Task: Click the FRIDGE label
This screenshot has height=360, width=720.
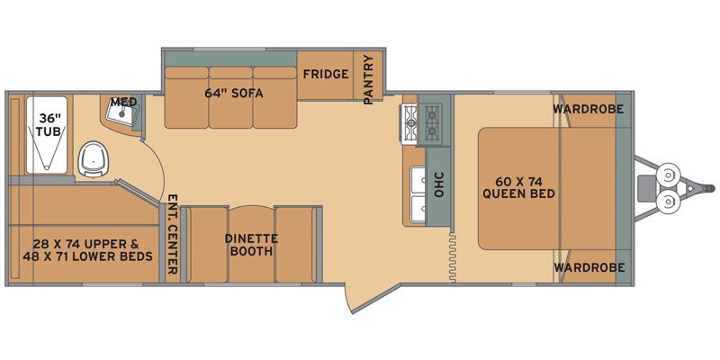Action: [326, 74]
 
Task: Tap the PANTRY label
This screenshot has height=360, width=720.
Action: [369, 79]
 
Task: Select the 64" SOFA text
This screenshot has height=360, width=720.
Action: [234, 94]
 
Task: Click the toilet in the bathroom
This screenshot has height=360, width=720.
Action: [94, 158]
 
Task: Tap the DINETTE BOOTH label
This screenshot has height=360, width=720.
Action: [251, 245]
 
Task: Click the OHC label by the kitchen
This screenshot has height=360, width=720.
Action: [439, 184]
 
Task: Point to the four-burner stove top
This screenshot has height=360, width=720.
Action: [422, 124]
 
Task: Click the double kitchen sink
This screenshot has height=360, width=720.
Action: [418, 196]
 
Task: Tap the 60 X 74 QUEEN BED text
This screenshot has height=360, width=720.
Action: [518, 187]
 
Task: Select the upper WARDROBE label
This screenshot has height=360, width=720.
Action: [589, 109]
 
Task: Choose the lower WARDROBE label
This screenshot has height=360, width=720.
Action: [589, 267]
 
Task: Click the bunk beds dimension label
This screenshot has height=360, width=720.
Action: [87, 250]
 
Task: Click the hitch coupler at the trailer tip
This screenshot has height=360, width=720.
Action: [709, 188]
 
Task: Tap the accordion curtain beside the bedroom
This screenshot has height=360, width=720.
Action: [453, 257]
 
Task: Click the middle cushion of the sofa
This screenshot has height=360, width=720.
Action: [230, 97]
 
